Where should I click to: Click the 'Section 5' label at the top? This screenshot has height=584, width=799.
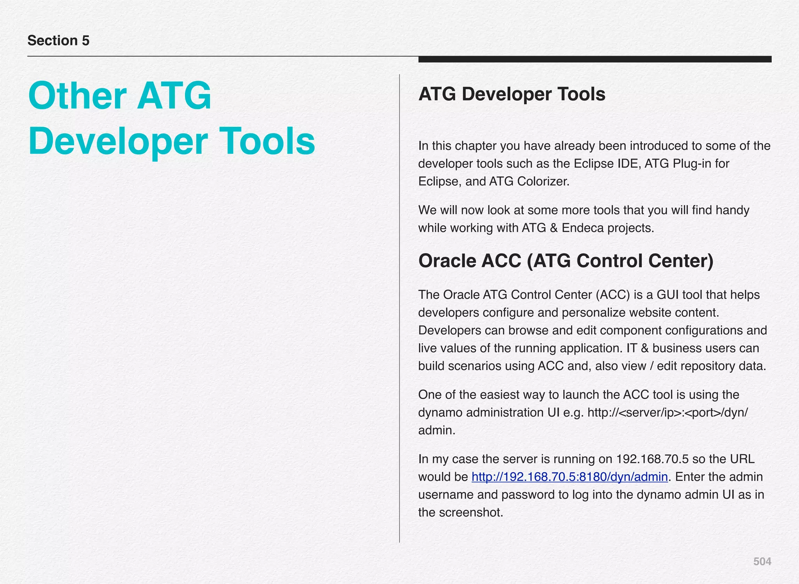[59, 41]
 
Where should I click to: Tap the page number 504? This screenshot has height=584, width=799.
[762, 561]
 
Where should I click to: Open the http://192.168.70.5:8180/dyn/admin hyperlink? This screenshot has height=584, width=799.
[570, 477]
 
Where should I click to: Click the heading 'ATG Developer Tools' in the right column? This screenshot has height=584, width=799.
[511, 94]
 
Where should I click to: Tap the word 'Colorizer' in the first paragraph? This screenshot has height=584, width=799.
[543, 182]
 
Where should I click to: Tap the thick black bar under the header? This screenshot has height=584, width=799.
[595, 59]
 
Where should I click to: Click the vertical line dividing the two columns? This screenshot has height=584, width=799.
[399, 308]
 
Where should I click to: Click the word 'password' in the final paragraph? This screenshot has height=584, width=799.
[529, 495]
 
